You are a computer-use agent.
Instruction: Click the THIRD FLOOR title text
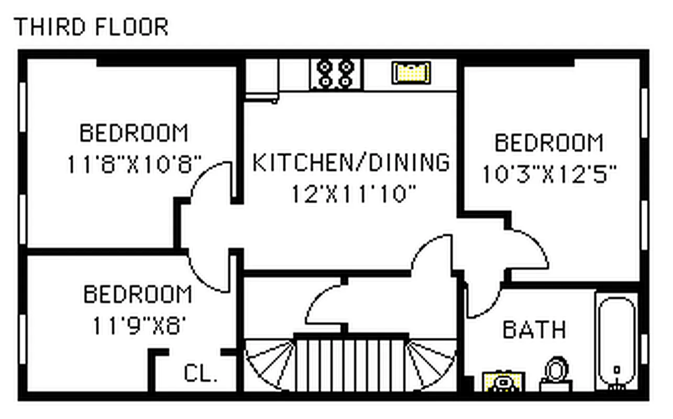pos(91,27)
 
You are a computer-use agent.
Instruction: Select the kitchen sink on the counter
pos(411,73)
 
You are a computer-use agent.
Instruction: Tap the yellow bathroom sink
pos(503,381)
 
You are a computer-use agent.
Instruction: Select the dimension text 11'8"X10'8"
pos(134,164)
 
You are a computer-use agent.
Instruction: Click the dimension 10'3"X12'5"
pos(548,174)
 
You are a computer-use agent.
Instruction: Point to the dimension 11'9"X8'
pos(139,326)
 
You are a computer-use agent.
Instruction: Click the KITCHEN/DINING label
pos(351,162)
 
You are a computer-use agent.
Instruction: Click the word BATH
pos(534,330)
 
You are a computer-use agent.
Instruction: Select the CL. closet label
pos(201,374)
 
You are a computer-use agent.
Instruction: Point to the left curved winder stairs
pos(270,364)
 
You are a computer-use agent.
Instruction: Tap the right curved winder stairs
pos(431,364)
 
